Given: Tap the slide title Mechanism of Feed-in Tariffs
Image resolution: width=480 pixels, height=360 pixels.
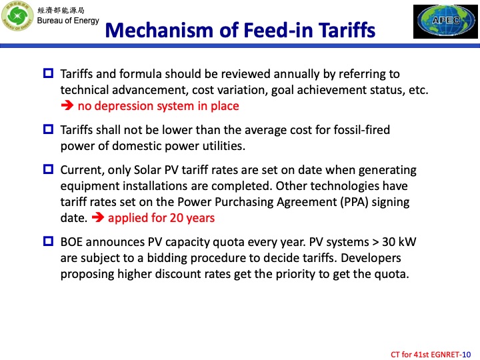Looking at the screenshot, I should (241, 30).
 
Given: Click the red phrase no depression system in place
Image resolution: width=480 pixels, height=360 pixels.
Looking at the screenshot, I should (158, 105).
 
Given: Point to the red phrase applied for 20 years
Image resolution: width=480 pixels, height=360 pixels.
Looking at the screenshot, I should (161, 217).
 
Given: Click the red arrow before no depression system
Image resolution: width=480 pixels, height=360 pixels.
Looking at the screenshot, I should (67, 105).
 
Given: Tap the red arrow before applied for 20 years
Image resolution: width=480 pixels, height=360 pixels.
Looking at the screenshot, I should (97, 217).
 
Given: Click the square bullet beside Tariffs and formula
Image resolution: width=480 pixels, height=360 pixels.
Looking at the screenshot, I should (48, 73).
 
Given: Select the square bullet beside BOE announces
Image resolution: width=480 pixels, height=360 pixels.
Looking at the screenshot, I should (48, 241).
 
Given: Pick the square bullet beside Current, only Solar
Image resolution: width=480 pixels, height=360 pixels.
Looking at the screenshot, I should (48, 169).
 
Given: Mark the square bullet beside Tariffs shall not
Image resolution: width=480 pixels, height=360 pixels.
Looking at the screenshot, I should (48, 129).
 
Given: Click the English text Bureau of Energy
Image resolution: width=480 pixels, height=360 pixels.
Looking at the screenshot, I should (68, 21).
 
